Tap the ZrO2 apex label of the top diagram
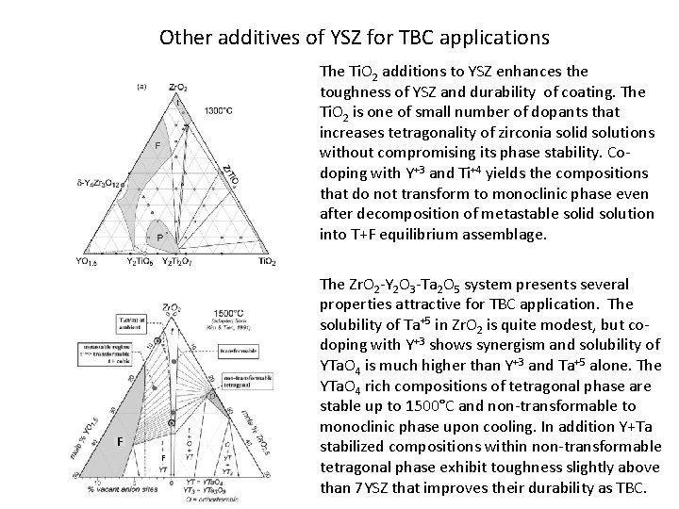(x=176, y=88)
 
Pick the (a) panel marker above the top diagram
(x=141, y=86)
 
